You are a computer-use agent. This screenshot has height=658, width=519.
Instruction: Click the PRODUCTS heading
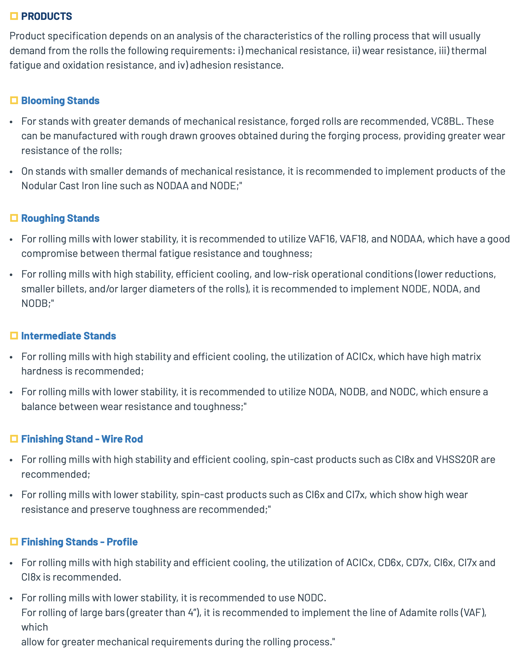[x=46, y=16]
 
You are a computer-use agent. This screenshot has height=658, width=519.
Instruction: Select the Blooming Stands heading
[x=60, y=101]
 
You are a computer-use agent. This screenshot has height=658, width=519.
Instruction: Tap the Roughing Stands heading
[x=60, y=218]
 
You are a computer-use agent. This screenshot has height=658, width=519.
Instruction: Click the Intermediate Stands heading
[x=69, y=336]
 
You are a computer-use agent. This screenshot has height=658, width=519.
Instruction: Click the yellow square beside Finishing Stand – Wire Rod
[x=14, y=439]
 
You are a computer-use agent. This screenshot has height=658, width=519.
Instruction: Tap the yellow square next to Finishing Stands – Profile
[x=14, y=542]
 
